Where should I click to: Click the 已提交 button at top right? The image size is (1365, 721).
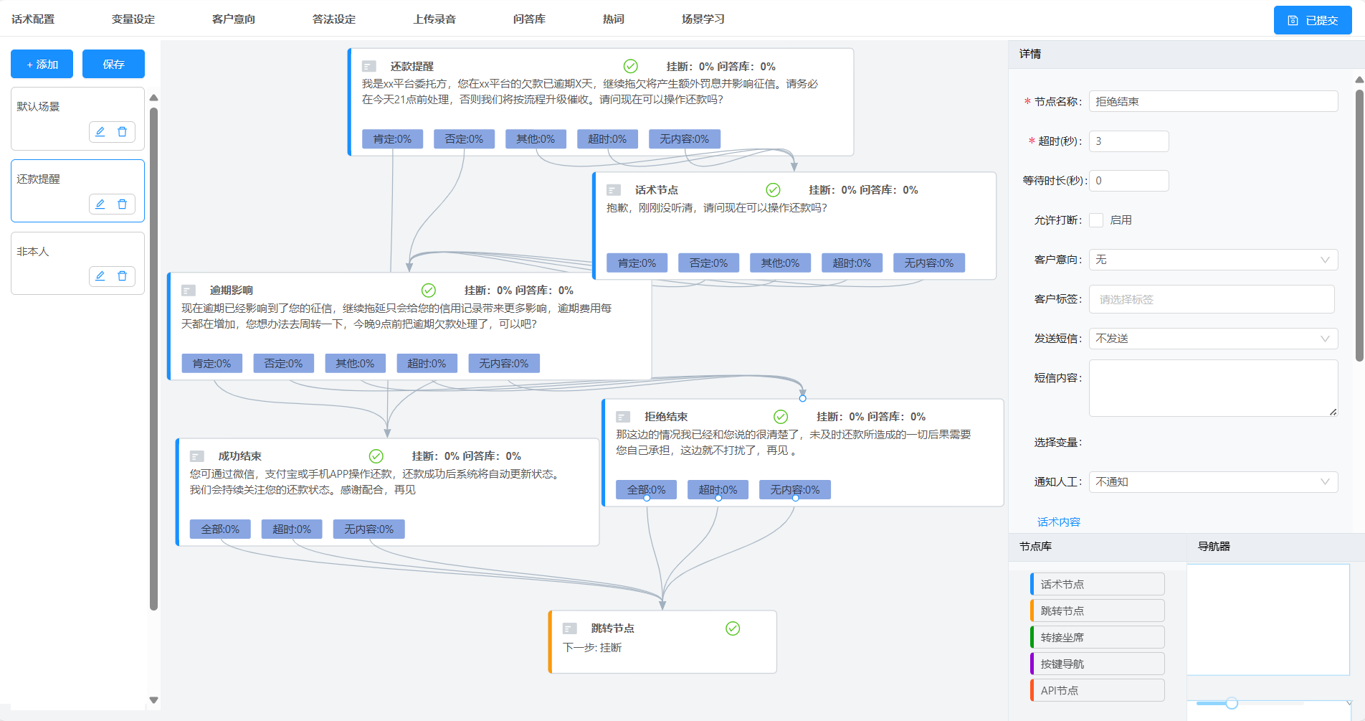click(1312, 20)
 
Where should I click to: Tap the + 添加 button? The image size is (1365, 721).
click(42, 64)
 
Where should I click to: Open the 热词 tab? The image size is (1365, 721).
click(613, 19)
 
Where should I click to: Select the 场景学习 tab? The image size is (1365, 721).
click(703, 19)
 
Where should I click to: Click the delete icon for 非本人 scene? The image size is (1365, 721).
click(122, 276)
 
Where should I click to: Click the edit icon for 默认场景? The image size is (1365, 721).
click(100, 132)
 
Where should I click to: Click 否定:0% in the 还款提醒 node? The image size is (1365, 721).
click(464, 139)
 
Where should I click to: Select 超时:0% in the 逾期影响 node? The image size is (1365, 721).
click(427, 364)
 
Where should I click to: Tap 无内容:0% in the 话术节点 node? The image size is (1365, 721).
click(928, 263)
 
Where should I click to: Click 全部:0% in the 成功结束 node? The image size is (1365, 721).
click(220, 529)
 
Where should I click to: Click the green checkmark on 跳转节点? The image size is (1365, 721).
click(733, 628)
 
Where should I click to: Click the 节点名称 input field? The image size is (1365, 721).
click(1213, 102)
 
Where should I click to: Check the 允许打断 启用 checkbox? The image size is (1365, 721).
click(1096, 220)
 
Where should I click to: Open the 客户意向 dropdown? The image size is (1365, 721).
click(1213, 260)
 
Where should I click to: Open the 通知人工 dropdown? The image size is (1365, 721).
click(1213, 482)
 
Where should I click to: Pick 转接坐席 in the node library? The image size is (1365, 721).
click(1097, 638)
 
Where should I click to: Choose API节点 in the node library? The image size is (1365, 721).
click(1097, 691)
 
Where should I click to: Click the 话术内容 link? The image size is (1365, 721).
click(1058, 522)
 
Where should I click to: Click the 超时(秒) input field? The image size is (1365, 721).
click(1128, 141)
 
